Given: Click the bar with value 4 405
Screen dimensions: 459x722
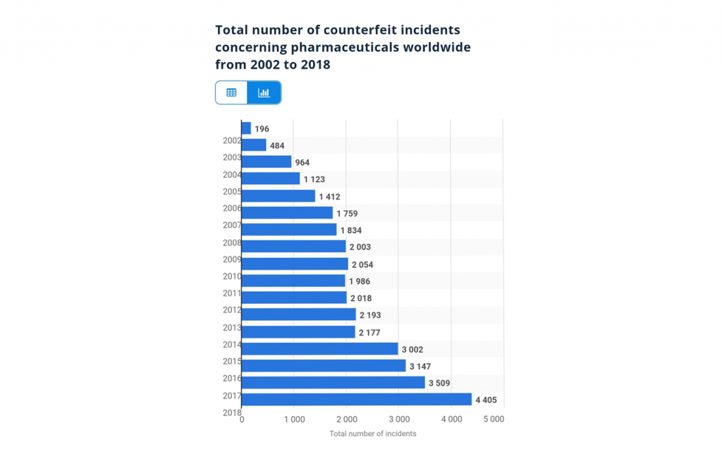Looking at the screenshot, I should pos(356,399).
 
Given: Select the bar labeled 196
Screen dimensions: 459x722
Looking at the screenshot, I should pos(246,128).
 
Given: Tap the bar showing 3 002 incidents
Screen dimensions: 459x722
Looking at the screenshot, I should pos(319,348).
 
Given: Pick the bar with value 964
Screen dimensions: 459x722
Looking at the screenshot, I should pos(267,162).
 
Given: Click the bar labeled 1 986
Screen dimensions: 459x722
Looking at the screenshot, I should pos(293,281).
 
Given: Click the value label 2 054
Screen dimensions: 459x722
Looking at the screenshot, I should pos(362,264).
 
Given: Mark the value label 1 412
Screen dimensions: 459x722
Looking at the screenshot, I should pos(329,197).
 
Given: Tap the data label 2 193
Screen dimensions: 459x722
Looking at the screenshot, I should pos(371,315).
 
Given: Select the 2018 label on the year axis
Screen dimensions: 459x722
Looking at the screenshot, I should pos(232,412).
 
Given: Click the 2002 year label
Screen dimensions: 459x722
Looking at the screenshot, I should pos(232,140).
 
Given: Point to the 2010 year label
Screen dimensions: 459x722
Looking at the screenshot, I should pos(232,276).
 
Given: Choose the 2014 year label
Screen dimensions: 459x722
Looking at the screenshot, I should pos(232,345).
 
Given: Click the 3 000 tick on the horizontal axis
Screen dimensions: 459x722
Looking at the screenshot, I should pos(398,419).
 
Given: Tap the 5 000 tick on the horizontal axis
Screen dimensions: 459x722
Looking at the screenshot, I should pos(493,419).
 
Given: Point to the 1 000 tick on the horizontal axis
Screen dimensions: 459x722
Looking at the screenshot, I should pos(294,419).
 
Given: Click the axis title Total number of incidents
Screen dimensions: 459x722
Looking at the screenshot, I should pos(372,434).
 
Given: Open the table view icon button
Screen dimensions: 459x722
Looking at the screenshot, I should pos(231,92).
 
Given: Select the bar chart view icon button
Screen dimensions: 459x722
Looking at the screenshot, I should pos(264,92).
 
